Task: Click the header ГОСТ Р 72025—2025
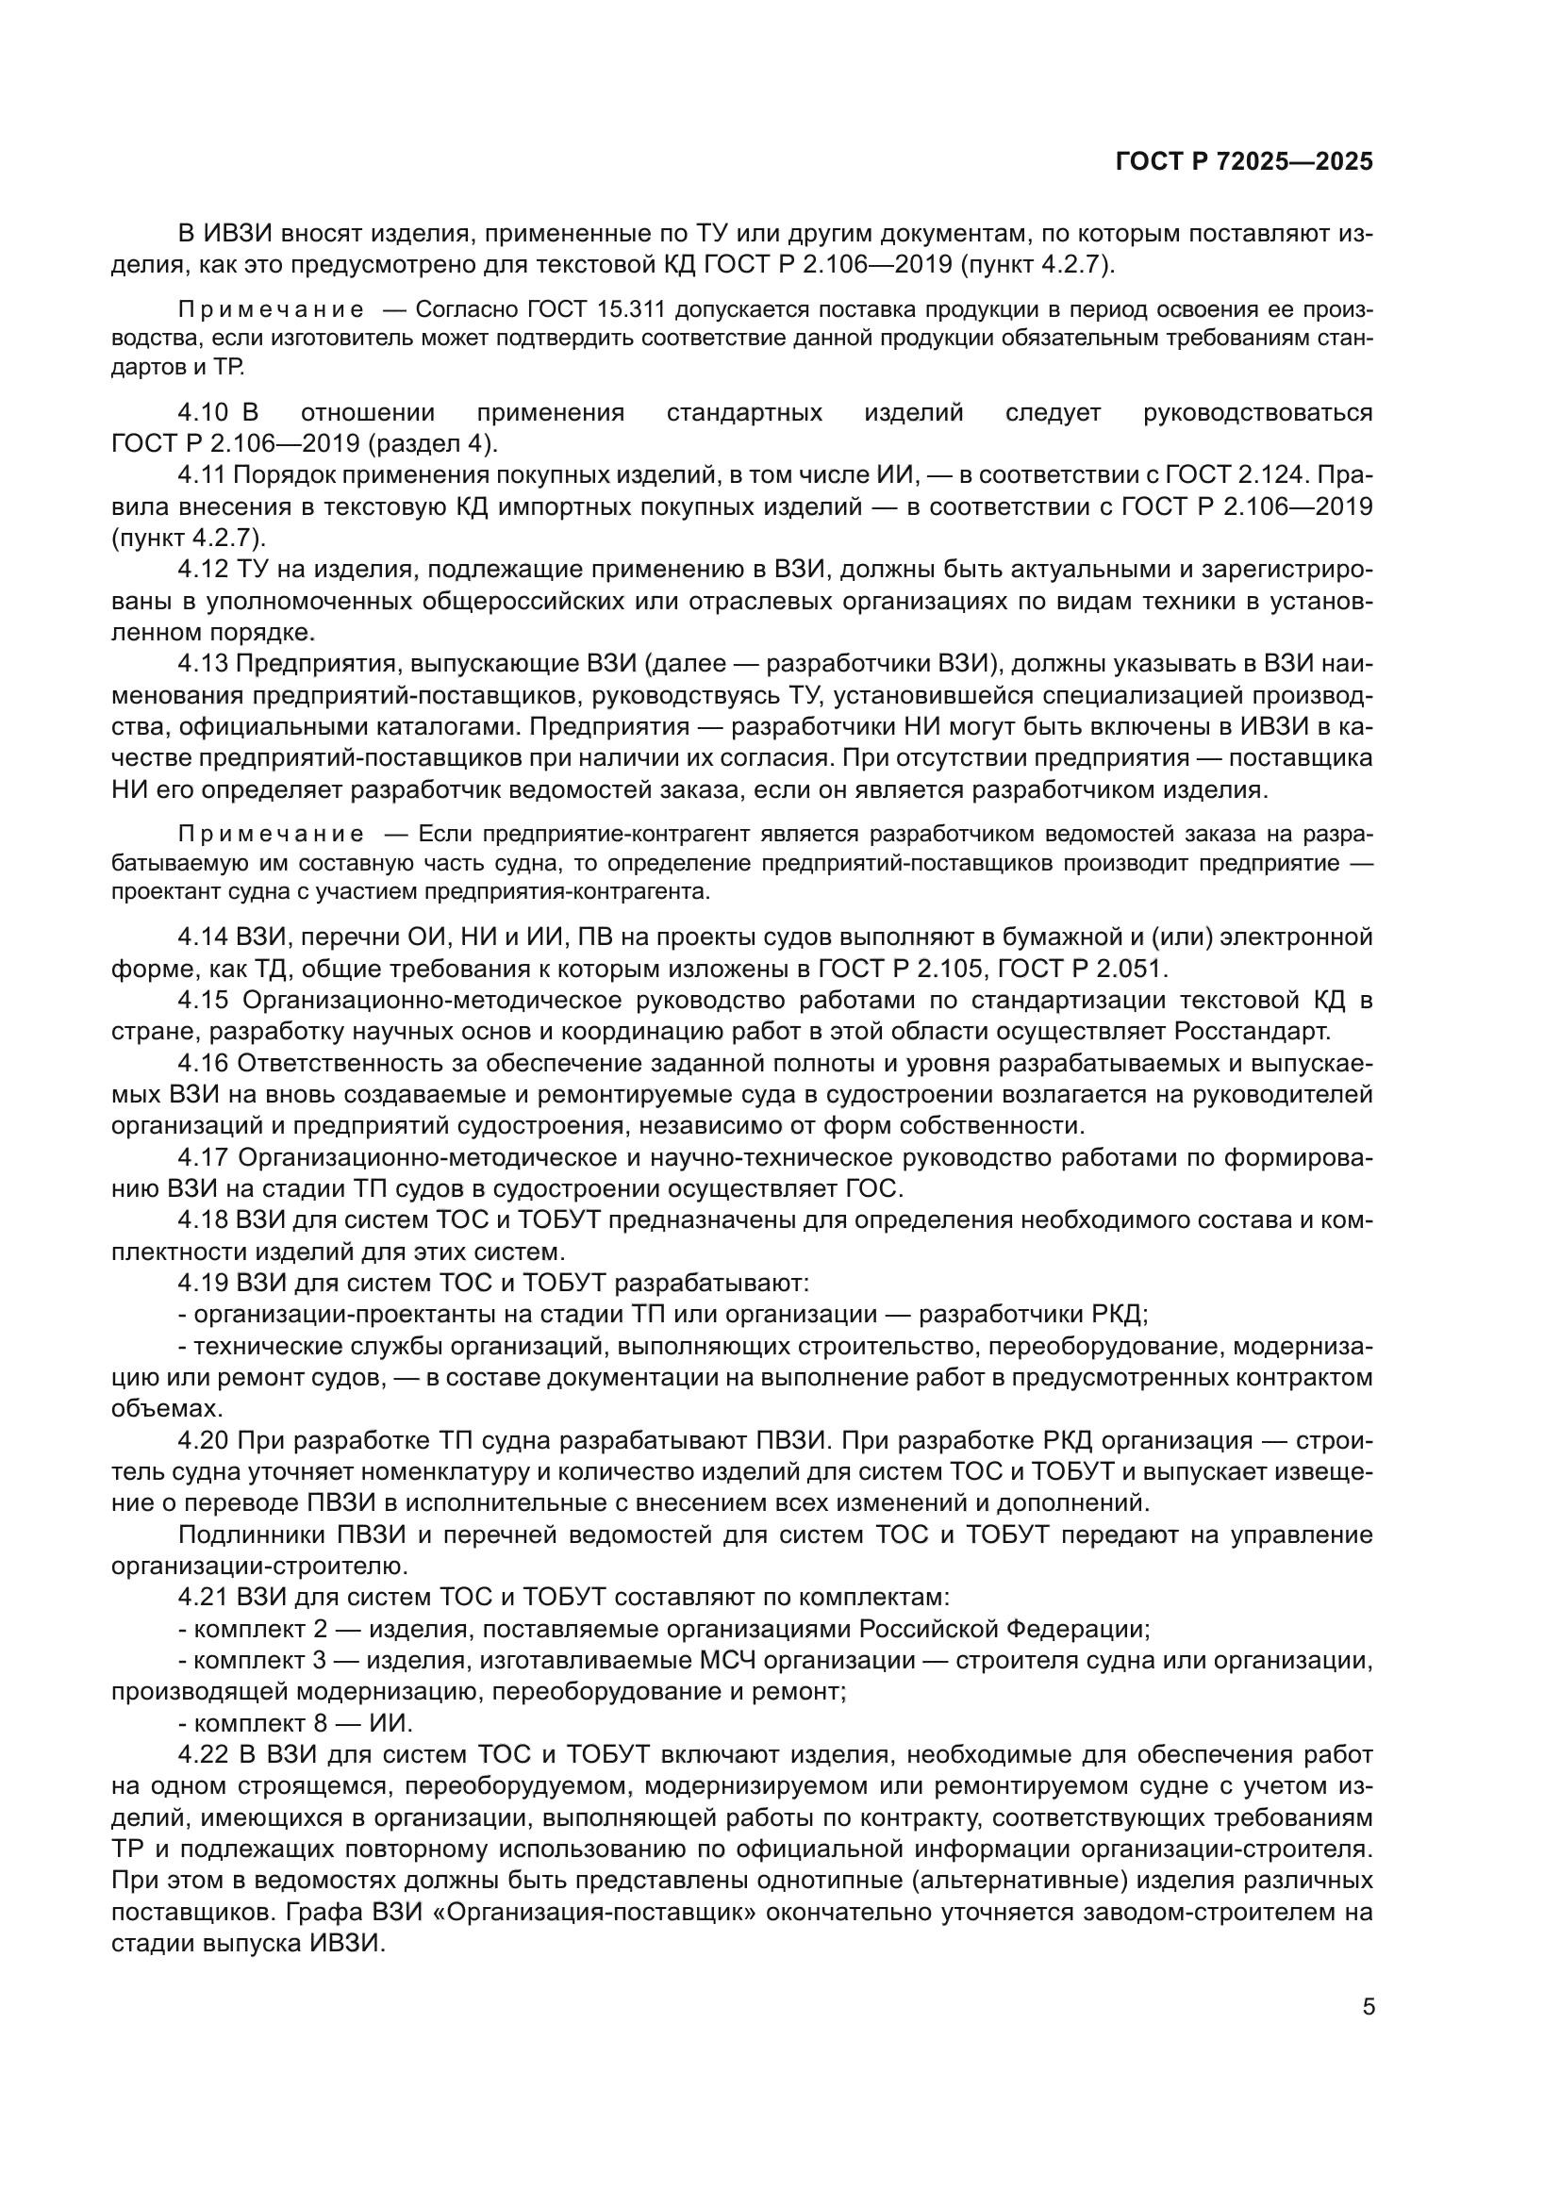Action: pos(1244,162)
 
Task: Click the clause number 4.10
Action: pos(203,413)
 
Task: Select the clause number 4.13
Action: pos(203,664)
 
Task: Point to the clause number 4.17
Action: pos(203,1158)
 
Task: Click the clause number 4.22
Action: pos(203,1755)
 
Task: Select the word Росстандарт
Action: pos(1253,1032)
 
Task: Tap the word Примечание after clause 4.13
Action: pos(271,834)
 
